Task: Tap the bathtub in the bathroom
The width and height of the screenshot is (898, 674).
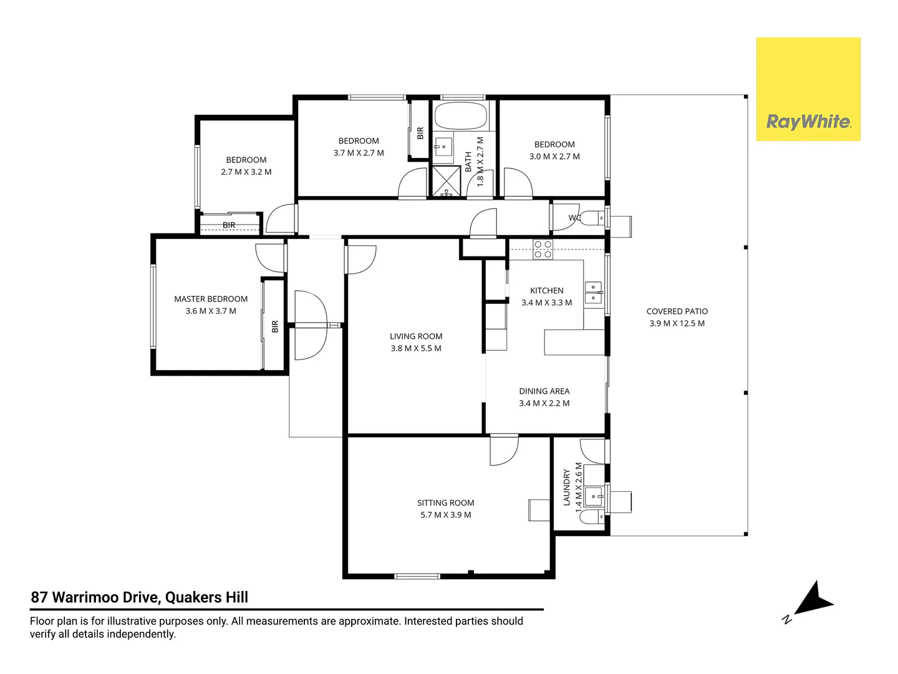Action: point(460,115)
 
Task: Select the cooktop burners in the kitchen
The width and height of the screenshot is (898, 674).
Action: point(543,249)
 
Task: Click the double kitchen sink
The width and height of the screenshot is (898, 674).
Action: point(593,292)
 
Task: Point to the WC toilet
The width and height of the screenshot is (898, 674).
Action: point(592,218)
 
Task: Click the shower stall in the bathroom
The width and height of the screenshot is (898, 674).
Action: point(447,180)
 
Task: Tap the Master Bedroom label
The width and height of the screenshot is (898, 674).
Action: point(211,299)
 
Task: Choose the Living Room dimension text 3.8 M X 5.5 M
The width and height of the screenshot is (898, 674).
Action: point(416,348)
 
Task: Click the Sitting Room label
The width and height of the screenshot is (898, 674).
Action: point(445,502)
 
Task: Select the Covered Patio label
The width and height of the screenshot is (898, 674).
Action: point(677,311)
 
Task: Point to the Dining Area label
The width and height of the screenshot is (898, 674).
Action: point(544,391)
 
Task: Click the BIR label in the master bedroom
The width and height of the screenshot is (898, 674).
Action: point(275,326)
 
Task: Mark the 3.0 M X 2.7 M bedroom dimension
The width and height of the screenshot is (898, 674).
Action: point(554,156)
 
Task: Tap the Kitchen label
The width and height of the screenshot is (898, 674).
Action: point(546,291)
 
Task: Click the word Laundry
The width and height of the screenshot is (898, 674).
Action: point(567,487)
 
